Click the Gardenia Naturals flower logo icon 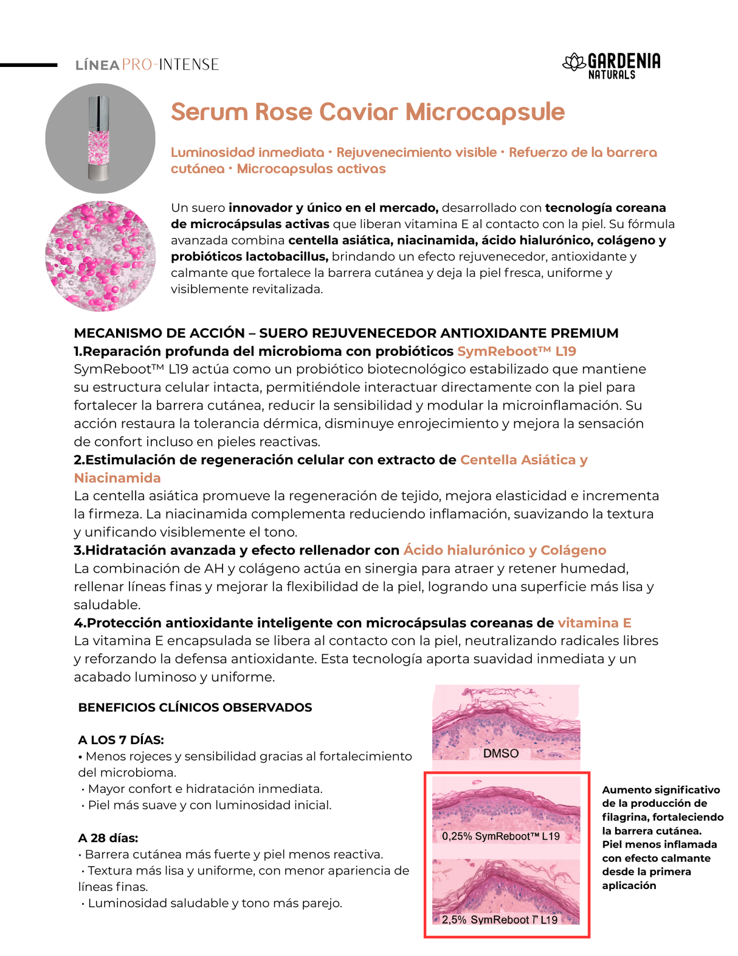pyautogui.click(x=573, y=63)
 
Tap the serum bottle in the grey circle pyautogui.click(x=100, y=138)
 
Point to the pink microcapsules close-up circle pyautogui.click(x=100, y=256)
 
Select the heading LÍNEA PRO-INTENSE pyautogui.click(x=147, y=65)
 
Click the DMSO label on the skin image pyautogui.click(x=500, y=753)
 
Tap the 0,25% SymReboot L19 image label pyautogui.click(x=500, y=836)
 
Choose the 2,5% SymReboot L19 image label pyautogui.click(x=499, y=919)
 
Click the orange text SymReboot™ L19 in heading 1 pyautogui.click(x=516, y=351)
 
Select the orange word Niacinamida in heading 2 pyautogui.click(x=117, y=478)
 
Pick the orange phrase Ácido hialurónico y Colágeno pyautogui.click(x=505, y=550)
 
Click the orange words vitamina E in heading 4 pyautogui.click(x=594, y=623)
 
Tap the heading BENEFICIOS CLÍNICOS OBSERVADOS pyautogui.click(x=195, y=707)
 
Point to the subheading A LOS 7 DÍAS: pyautogui.click(x=121, y=740)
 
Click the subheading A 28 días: pyautogui.click(x=108, y=838)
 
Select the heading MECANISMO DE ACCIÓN pyautogui.click(x=159, y=333)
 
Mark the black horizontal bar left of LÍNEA pyautogui.click(x=29, y=65)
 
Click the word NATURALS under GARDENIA pyautogui.click(x=612, y=75)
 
